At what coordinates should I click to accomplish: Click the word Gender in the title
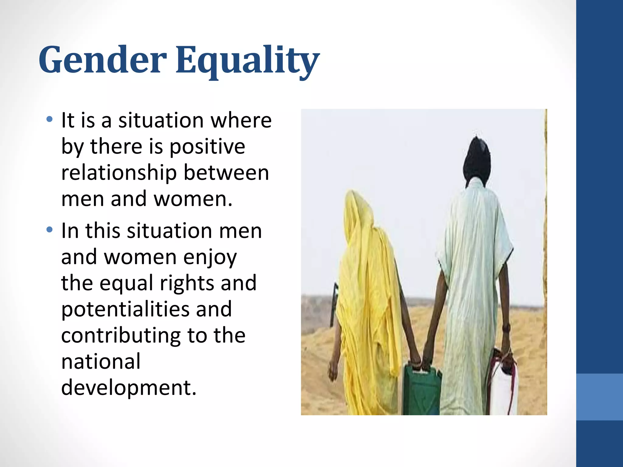(x=103, y=60)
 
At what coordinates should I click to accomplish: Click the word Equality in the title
(x=247, y=61)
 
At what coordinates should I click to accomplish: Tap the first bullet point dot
(x=50, y=119)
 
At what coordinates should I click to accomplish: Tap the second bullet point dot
(x=50, y=230)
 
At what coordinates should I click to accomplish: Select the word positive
(x=207, y=147)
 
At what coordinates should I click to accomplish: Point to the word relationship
(x=119, y=173)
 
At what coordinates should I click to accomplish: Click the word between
(x=226, y=173)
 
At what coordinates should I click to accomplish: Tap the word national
(x=101, y=361)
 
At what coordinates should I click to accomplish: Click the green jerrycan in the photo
(x=422, y=391)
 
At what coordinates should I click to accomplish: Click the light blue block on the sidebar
(x=599, y=397)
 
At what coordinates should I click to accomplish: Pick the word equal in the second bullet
(x=126, y=283)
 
